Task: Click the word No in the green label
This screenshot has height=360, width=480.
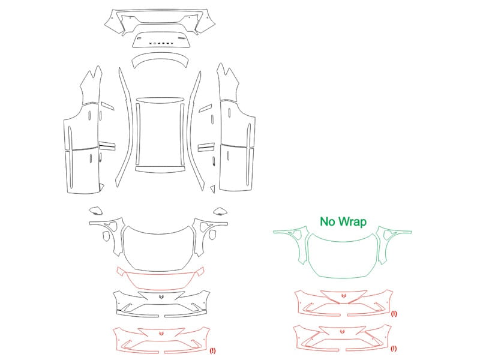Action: tap(328, 221)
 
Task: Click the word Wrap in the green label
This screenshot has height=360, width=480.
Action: tap(353, 221)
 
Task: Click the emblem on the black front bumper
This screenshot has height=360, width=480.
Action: tap(161, 296)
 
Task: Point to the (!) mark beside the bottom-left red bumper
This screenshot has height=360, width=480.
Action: tap(212, 350)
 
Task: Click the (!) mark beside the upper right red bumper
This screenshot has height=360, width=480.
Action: tap(394, 313)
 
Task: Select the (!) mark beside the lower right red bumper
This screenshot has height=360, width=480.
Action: tap(394, 349)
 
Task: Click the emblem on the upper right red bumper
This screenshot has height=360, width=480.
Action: tap(343, 296)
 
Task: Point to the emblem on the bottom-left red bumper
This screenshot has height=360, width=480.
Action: tap(161, 333)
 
